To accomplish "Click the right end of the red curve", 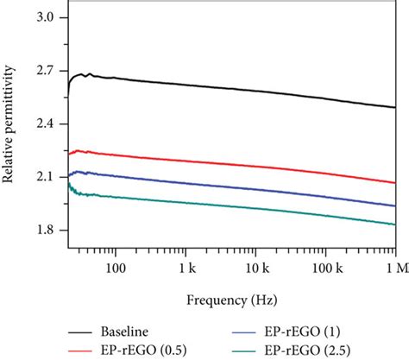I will coord(394,182).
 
